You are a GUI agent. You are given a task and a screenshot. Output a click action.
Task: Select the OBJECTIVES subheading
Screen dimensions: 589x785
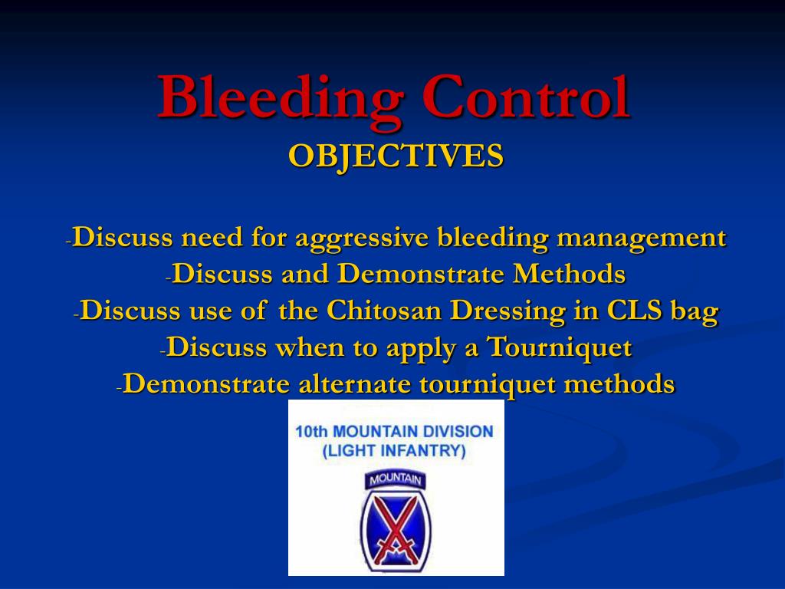coord(396,156)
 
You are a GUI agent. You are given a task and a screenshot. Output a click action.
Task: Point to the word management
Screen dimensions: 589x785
coord(641,238)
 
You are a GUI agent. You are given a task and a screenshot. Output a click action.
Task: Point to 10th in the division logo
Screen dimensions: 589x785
coord(310,432)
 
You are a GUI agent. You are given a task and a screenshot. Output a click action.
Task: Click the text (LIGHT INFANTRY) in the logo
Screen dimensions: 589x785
coord(394,451)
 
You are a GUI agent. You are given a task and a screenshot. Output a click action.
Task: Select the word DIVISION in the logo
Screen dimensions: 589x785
coord(461,432)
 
